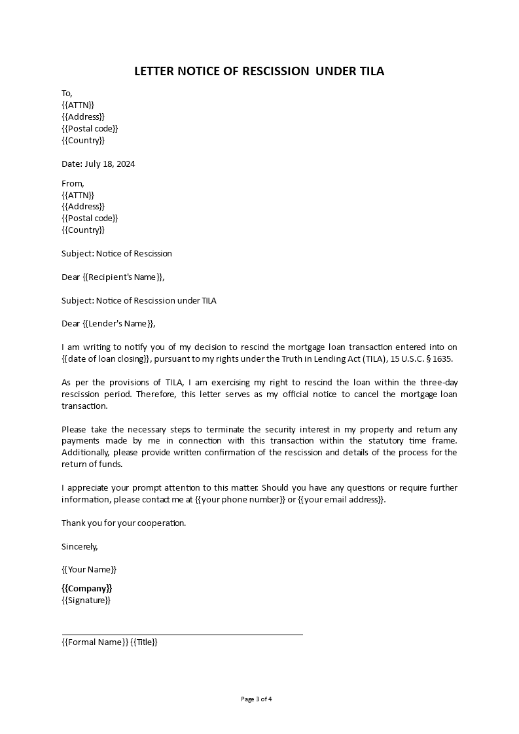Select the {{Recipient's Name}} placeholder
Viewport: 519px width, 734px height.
[x=124, y=277]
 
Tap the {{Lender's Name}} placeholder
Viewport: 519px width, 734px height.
[x=119, y=324]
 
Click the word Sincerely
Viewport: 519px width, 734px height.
[x=79, y=546]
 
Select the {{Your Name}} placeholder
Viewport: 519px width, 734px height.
[x=89, y=570]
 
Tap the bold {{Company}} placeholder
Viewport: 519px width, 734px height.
[x=87, y=588]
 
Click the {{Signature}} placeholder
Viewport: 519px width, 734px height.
[x=86, y=600]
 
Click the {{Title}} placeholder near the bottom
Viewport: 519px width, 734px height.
[x=144, y=642]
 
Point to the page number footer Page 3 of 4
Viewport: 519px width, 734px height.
[x=257, y=699]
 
